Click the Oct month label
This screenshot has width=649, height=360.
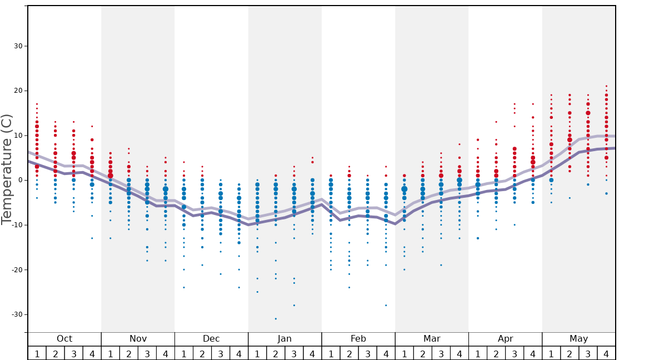click(64, 339)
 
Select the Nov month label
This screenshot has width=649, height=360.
click(138, 339)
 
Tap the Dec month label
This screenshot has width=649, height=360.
click(211, 339)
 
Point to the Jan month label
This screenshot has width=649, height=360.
click(284, 339)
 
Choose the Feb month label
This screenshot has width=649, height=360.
click(358, 339)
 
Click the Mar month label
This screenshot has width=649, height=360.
click(432, 339)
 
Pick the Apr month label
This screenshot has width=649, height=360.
click(505, 339)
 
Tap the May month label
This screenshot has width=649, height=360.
click(578, 339)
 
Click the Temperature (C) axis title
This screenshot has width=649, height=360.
click(7, 169)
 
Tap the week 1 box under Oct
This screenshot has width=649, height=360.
click(37, 353)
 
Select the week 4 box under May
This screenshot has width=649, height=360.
click(606, 353)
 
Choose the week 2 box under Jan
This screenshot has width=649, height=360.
click(276, 353)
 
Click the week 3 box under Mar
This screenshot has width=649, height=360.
click(441, 353)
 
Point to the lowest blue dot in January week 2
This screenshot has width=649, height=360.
click(276, 318)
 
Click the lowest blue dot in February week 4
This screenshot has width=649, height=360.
click(386, 305)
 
